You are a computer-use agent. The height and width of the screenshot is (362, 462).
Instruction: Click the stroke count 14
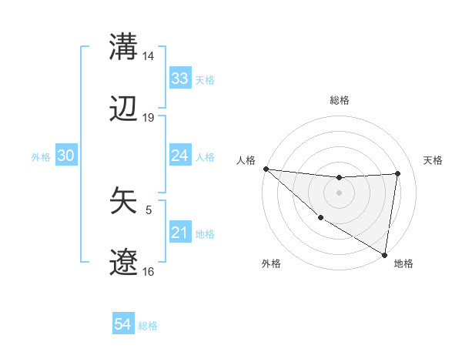(x=149, y=56)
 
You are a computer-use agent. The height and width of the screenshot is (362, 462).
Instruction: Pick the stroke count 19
(x=149, y=118)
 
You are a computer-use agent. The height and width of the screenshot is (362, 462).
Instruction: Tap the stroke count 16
(x=149, y=272)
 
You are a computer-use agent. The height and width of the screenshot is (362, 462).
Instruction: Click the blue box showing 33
(x=180, y=79)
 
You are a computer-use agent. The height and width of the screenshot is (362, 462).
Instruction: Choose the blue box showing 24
(x=180, y=156)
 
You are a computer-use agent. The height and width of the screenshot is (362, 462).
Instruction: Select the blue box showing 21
(x=180, y=233)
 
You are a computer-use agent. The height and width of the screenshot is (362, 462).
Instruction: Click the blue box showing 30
(x=66, y=156)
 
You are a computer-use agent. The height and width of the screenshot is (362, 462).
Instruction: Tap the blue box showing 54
(x=123, y=324)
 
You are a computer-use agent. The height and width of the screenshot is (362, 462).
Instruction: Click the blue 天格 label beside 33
(x=205, y=79)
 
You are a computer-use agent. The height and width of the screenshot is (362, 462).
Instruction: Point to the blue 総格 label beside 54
(x=148, y=326)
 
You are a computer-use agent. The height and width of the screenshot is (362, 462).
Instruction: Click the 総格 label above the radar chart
(x=340, y=100)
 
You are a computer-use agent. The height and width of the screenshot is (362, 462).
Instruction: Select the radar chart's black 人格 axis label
(x=246, y=159)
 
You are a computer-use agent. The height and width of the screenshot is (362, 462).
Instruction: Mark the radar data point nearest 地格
(x=384, y=254)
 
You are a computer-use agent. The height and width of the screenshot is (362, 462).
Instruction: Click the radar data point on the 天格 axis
(x=398, y=173)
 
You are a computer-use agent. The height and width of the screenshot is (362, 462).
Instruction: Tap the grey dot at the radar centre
(x=340, y=193)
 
